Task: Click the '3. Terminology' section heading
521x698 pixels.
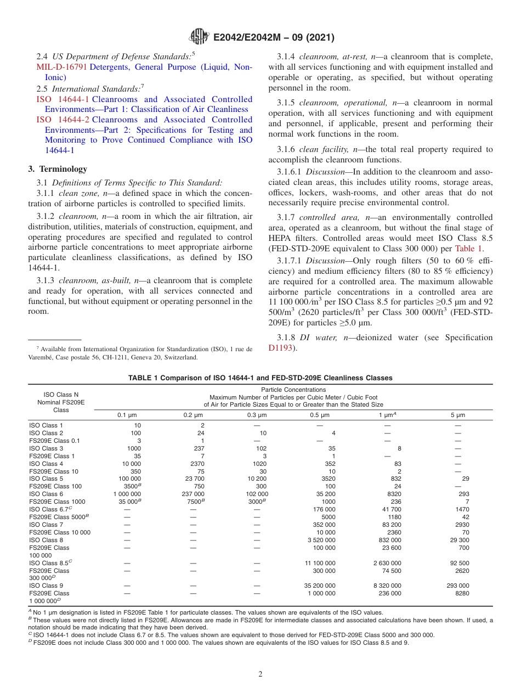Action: [58, 169]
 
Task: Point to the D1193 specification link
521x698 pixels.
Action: [282, 348]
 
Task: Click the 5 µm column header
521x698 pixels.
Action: [457, 415]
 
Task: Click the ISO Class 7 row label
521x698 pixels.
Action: [46, 525]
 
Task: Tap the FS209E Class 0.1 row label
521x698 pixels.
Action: [54, 441]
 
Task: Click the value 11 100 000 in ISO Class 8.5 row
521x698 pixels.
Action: [320, 563]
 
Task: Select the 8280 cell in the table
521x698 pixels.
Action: [462, 593]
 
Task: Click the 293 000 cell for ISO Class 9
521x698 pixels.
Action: [458, 586]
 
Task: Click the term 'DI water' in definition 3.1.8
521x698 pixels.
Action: [314, 337]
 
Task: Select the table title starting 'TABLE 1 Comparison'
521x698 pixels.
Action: [260, 378]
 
